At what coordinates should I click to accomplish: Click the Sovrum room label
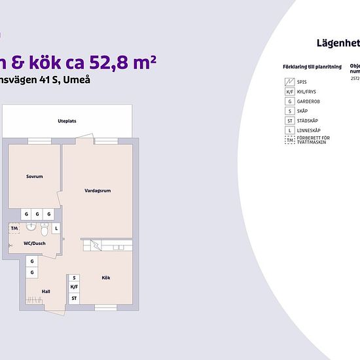point(35,177)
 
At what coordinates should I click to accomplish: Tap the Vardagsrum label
point(98,191)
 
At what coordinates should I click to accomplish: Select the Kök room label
point(105,278)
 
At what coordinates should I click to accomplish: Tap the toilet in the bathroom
point(44,230)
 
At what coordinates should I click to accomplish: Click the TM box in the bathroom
point(14,228)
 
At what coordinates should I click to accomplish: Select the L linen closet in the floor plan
point(56,228)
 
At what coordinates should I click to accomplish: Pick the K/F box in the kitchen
point(74,287)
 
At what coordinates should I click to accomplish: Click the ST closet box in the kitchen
point(74,298)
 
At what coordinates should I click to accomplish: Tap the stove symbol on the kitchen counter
point(96,245)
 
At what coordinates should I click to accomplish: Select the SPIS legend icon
point(289,82)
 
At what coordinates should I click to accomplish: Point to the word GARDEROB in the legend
point(308,101)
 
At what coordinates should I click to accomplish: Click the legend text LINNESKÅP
point(308,131)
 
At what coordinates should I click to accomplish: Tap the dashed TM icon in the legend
point(289,140)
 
